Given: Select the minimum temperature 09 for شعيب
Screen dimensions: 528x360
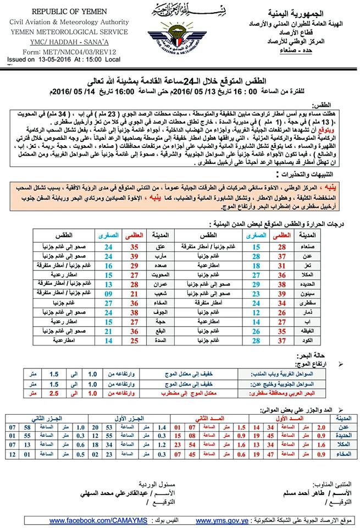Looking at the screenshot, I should click(x=108, y=294).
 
